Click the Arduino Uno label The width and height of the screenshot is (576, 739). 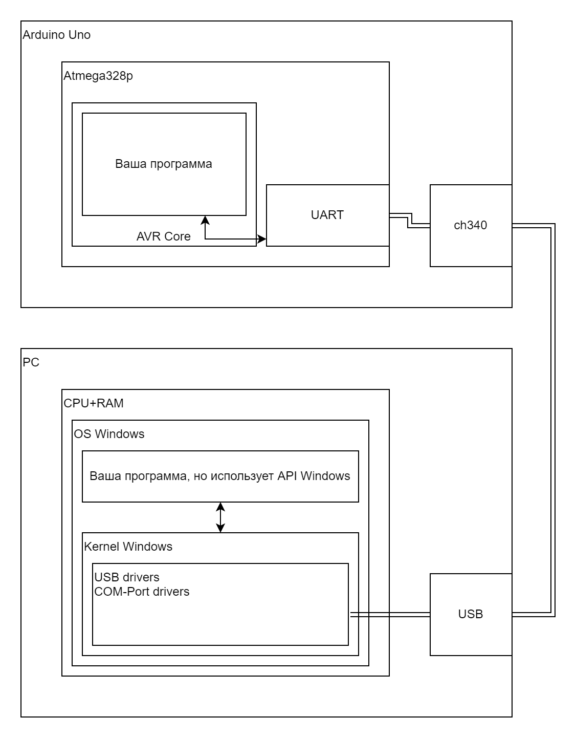click(x=57, y=35)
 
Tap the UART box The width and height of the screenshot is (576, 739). click(x=327, y=215)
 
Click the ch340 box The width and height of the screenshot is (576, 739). click(x=471, y=225)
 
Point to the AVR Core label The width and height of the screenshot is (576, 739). click(x=163, y=236)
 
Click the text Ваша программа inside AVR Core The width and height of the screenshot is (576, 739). click(x=163, y=164)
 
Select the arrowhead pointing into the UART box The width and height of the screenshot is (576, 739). click(x=262, y=239)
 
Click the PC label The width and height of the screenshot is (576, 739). click(x=31, y=363)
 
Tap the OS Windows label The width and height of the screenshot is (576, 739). click(x=109, y=434)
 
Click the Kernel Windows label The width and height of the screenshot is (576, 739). click(x=128, y=547)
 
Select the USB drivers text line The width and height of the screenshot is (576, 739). click(x=127, y=577)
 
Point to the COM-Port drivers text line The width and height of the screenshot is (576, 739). click(x=142, y=592)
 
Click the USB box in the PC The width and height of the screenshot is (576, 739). click(x=471, y=614)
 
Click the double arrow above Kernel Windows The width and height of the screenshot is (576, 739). click(x=220, y=517)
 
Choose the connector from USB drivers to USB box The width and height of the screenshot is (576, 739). click(x=390, y=615)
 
